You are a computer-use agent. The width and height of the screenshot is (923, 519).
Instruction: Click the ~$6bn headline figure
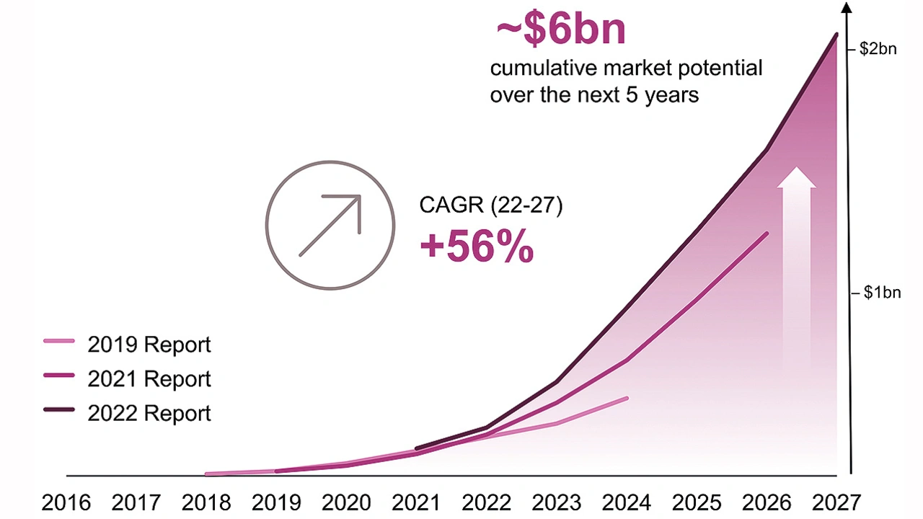[x=560, y=30]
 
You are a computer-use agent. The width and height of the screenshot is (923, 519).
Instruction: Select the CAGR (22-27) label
[x=490, y=205]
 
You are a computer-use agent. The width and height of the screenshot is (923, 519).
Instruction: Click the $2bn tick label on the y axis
[x=878, y=50]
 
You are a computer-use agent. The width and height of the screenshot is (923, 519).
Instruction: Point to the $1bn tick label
[x=882, y=293]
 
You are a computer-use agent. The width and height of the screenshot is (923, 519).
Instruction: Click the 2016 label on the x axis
[x=66, y=502]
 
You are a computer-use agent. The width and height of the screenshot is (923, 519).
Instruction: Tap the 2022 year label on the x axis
[x=487, y=502]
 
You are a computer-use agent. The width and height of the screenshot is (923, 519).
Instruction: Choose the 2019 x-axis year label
[x=277, y=502]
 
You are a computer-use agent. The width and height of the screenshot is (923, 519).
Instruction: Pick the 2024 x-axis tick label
[x=627, y=502]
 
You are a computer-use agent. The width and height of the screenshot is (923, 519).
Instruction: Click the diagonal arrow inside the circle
[x=330, y=225]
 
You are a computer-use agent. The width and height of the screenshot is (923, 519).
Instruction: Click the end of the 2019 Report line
[x=627, y=398]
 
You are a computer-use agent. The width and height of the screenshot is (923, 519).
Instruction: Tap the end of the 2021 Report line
[x=767, y=234]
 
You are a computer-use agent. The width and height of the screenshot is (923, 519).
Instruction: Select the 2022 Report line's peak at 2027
[x=836, y=35]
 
